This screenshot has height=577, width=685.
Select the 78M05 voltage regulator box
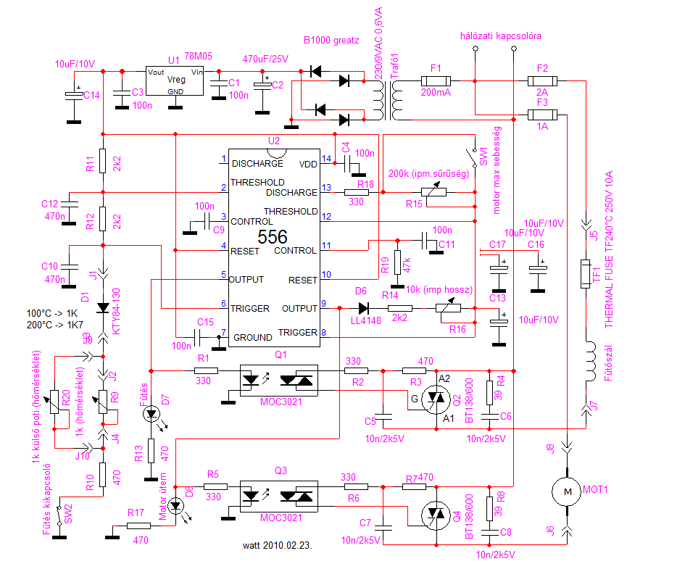coord(174,81)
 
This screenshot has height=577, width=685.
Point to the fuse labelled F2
coord(542,82)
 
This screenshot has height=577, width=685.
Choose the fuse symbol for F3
coord(542,115)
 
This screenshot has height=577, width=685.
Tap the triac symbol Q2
coord(436,397)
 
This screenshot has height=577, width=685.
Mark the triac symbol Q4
coord(436,514)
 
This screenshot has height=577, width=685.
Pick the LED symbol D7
coord(151,415)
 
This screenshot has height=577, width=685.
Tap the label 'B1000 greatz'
coord(331,41)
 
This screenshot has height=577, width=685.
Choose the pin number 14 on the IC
coord(326,159)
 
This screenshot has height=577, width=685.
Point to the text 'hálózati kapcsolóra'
coord(500,35)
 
